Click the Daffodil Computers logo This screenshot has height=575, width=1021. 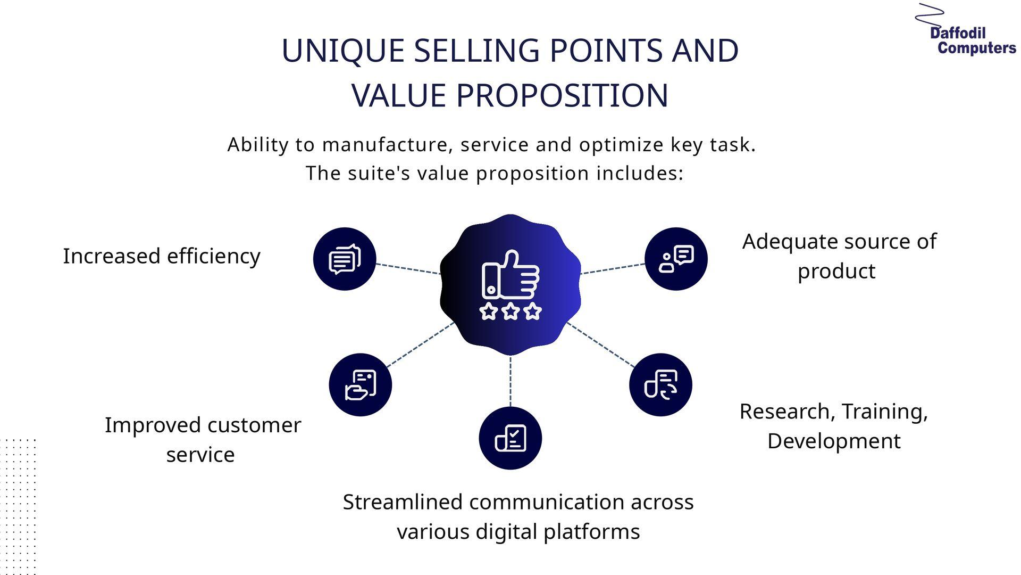coord(965,30)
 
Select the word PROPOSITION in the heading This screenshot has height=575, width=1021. coord(562,96)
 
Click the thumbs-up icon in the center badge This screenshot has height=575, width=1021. coord(510,275)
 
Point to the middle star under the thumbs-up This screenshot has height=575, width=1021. coord(510,311)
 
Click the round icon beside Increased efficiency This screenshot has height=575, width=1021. coord(345,259)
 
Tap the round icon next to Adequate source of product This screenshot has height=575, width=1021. coord(676,259)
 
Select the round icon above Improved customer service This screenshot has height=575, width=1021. coord(361,384)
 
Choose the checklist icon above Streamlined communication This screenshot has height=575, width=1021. coord(510,438)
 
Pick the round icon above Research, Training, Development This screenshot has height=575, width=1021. coord(660,384)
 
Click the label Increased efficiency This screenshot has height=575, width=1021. coord(162,257)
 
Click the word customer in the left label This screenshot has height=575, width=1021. coord(255,425)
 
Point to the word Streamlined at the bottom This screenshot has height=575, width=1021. coord(403,502)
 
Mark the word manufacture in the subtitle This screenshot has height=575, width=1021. coord(387,145)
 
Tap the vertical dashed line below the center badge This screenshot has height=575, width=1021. coord(510,381)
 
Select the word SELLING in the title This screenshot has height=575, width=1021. coord(476,51)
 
